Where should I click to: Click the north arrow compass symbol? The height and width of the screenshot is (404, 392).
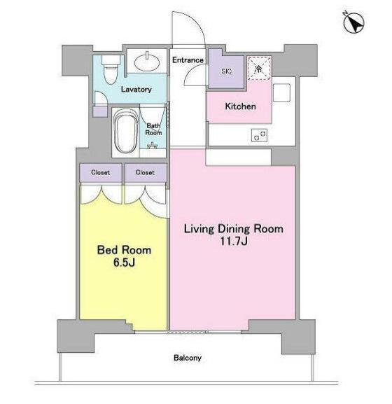point(353,22)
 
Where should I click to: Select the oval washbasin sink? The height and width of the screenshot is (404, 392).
point(147,62)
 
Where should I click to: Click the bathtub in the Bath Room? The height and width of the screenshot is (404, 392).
point(126,132)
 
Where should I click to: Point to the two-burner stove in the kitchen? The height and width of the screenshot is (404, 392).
point(259,135)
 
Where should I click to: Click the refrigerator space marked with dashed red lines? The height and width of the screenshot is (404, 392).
point(259,69)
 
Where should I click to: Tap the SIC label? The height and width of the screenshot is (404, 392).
point(226,71)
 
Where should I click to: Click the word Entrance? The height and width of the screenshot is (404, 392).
point(188,60)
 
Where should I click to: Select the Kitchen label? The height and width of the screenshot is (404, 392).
point(240,106)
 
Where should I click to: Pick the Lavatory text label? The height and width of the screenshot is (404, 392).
point(136,90)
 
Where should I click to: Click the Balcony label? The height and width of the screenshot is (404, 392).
point(188,358)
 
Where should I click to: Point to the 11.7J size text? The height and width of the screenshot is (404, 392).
point(234,241)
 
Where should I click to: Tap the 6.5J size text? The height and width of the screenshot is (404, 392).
point(124,263)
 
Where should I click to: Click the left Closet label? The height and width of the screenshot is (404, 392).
point(100,172)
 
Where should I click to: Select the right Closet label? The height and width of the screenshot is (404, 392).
point(145,172)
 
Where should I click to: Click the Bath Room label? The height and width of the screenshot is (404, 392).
point(153,129)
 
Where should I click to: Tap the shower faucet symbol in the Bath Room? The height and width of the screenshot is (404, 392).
point(152,146)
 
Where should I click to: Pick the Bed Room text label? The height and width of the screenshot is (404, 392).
point(124,250)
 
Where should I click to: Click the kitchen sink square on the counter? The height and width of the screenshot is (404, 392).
point(282,92)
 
